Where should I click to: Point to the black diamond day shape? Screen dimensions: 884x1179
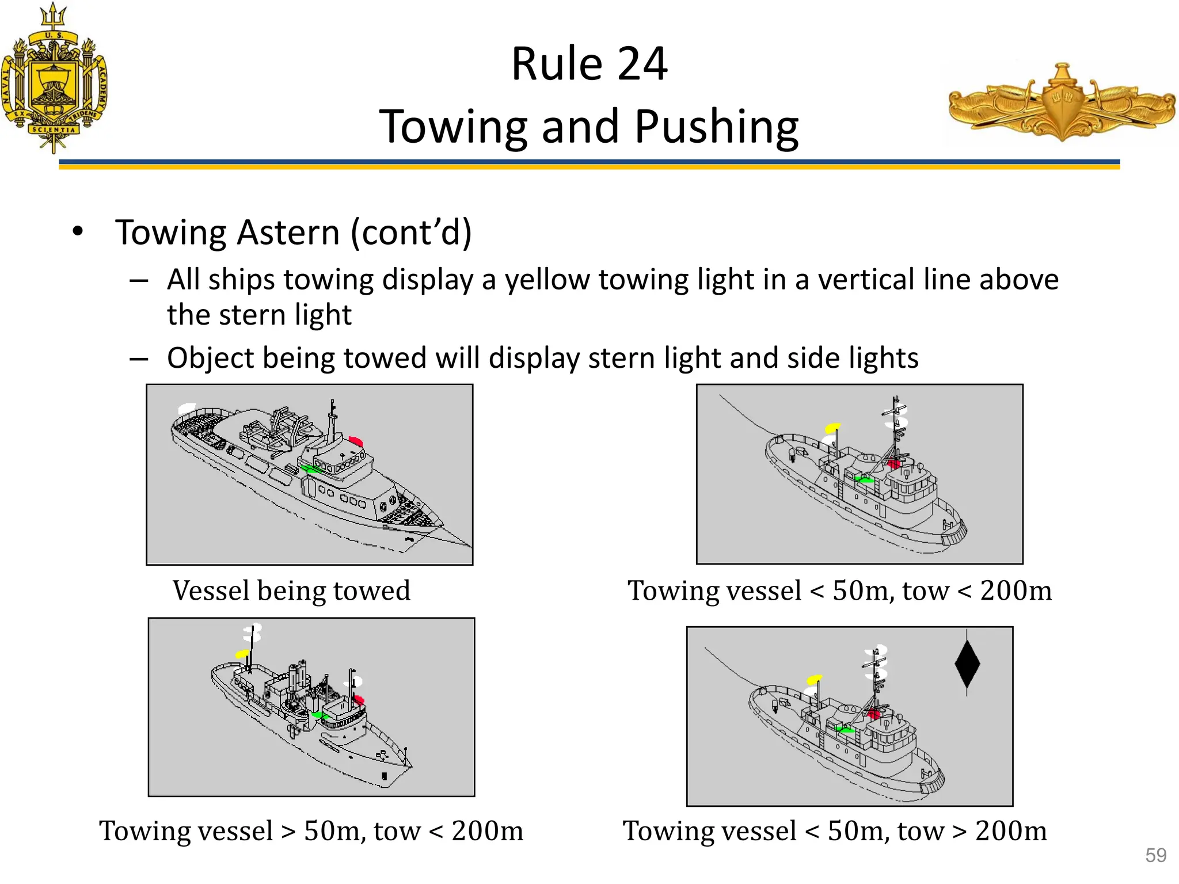967,663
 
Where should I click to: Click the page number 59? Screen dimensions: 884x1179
1155,855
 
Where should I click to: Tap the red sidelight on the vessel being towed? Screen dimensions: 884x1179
355,441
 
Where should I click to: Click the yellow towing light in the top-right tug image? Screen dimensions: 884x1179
832,428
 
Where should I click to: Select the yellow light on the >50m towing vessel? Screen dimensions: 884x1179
242,654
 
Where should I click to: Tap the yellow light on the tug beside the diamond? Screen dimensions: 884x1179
814,680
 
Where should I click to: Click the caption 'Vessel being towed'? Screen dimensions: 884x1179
291,591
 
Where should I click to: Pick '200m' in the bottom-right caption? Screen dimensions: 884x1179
1011,831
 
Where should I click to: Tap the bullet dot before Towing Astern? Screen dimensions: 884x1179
78,232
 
